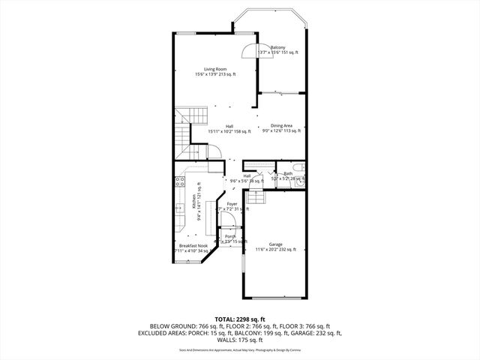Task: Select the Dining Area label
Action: click(281, 125)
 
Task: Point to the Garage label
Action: click(275, 244)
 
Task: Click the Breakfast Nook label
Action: click(193, 245)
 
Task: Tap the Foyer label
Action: click(232, 203)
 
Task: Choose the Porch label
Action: click(230, 236)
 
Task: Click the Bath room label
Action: click(288, 173)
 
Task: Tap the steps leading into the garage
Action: click(256, 198)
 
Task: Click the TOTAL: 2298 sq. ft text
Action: click(240, 319)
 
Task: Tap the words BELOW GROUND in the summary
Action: click(168, 326)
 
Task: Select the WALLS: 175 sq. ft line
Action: click(240, 340)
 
